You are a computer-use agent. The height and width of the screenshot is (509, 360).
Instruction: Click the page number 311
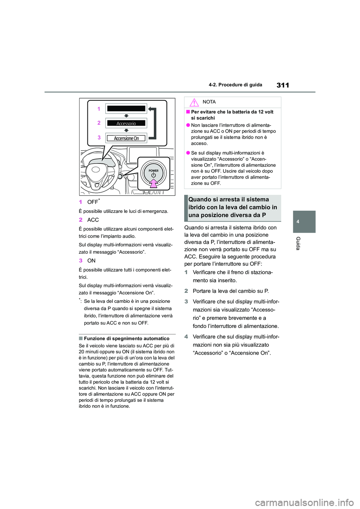coord(283,85)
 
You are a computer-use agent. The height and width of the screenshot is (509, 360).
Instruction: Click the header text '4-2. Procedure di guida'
coord(235,85)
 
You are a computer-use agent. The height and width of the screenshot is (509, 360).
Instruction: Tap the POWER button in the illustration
coord(153,173)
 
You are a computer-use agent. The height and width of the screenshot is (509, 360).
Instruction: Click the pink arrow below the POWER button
coord(153,183)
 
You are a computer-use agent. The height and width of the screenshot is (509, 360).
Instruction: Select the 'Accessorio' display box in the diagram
coord(126,123)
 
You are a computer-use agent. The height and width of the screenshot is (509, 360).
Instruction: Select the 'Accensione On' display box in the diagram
coord(126,138)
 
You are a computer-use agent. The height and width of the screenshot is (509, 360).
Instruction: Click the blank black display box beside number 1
coord(126,109)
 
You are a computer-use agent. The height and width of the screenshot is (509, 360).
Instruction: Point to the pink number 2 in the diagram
coord(99,123)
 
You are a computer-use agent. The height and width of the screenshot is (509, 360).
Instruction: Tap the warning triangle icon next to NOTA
coord(194,102)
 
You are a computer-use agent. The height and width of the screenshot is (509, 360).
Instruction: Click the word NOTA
coord(209,102)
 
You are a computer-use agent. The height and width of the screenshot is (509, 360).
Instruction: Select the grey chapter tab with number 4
coord(304,222)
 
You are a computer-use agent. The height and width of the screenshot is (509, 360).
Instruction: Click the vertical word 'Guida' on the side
coord(298,243)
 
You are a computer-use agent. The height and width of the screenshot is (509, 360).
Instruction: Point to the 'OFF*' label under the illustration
coord(93,202)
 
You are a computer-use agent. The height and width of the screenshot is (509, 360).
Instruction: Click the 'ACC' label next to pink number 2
coord(93,220)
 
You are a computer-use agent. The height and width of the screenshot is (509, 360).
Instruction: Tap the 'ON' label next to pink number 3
coord(91,261)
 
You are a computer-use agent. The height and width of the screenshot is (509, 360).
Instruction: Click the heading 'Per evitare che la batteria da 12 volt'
coord(232,112)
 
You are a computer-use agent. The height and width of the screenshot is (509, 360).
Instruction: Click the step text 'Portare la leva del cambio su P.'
coord(231,291)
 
